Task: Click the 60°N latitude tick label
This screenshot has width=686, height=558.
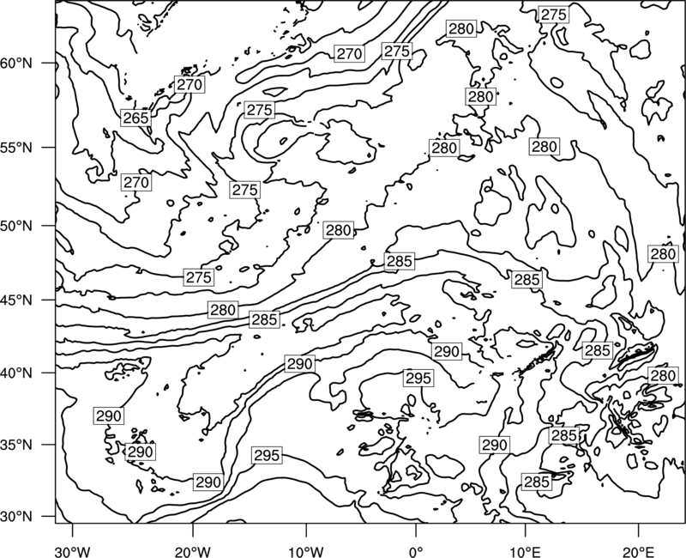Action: coord(16,64)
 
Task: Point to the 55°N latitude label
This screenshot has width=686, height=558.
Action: coord(16,148)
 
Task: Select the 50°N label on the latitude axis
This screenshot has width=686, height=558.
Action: coord(16,226)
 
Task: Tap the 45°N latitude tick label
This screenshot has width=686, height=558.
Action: coord(16,300)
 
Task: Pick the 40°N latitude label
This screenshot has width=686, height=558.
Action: coord(16,373)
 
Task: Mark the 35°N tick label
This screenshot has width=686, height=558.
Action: coord(16,445)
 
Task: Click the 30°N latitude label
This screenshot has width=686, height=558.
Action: coord(16,517)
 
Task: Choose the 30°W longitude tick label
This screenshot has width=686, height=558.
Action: coord(73,549)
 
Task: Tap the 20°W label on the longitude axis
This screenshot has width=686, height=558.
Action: coord(192,549)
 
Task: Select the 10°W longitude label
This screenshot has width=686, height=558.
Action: coord(306,549)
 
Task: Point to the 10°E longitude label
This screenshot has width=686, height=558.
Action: coord(525,549)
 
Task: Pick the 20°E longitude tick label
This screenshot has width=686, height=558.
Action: coord(638,549)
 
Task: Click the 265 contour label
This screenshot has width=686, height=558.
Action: coord(135,118)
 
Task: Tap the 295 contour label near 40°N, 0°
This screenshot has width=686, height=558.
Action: coord(418,378)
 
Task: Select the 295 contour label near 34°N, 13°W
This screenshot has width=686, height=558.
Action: coord(267,456)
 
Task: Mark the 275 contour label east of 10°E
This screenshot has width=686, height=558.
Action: coord(554,15)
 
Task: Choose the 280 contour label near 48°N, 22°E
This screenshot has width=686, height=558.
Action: coord(663,254)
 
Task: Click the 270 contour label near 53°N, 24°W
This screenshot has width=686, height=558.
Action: coord(136,182)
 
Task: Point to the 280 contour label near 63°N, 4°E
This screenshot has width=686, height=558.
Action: coord(461,29)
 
